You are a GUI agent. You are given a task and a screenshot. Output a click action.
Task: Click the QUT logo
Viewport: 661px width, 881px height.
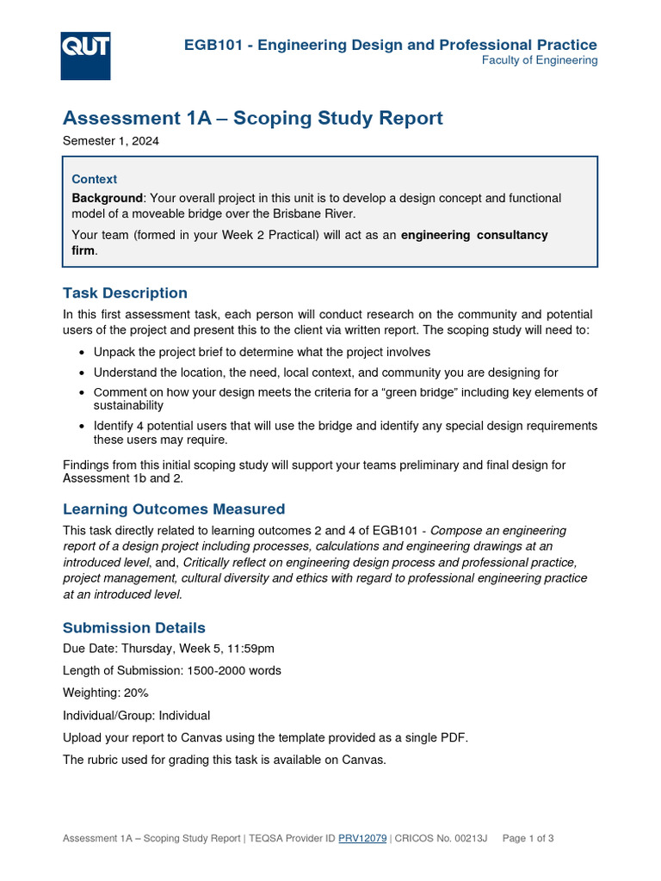[85, 55]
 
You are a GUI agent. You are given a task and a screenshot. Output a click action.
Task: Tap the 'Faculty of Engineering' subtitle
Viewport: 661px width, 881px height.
[539, 60]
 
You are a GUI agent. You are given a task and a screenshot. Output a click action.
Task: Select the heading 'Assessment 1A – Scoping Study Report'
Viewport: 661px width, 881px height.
[253, 118]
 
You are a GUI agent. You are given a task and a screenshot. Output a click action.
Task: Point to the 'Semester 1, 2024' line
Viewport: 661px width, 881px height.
[111, 141]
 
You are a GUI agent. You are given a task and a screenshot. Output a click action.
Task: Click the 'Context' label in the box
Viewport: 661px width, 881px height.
[95, 179]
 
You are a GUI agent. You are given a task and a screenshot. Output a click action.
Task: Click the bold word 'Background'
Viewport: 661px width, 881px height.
[107, 198]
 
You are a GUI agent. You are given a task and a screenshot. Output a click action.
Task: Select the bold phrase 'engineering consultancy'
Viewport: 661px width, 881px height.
[474, 235]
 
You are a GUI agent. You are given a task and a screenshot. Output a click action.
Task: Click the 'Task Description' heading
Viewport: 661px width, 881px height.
[125, 293]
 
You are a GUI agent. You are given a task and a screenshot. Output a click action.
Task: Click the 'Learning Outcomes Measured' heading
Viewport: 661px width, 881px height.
[174, 508]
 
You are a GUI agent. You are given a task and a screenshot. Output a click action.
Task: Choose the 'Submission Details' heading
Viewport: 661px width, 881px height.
[134, 627]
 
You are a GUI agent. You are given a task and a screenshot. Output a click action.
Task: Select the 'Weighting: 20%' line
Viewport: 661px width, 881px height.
[100, 693]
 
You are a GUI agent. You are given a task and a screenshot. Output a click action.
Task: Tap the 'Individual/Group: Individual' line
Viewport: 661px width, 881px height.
[136, 715]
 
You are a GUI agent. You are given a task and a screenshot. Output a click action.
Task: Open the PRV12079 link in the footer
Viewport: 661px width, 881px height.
[362, 838]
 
